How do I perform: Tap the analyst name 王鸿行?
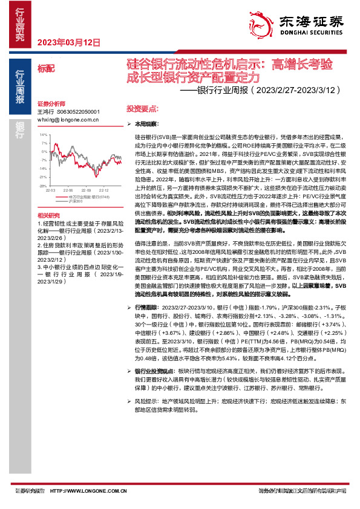pos(45,112)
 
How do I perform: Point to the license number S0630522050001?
pos(77,112)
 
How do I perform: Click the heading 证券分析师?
pos(50,103)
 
